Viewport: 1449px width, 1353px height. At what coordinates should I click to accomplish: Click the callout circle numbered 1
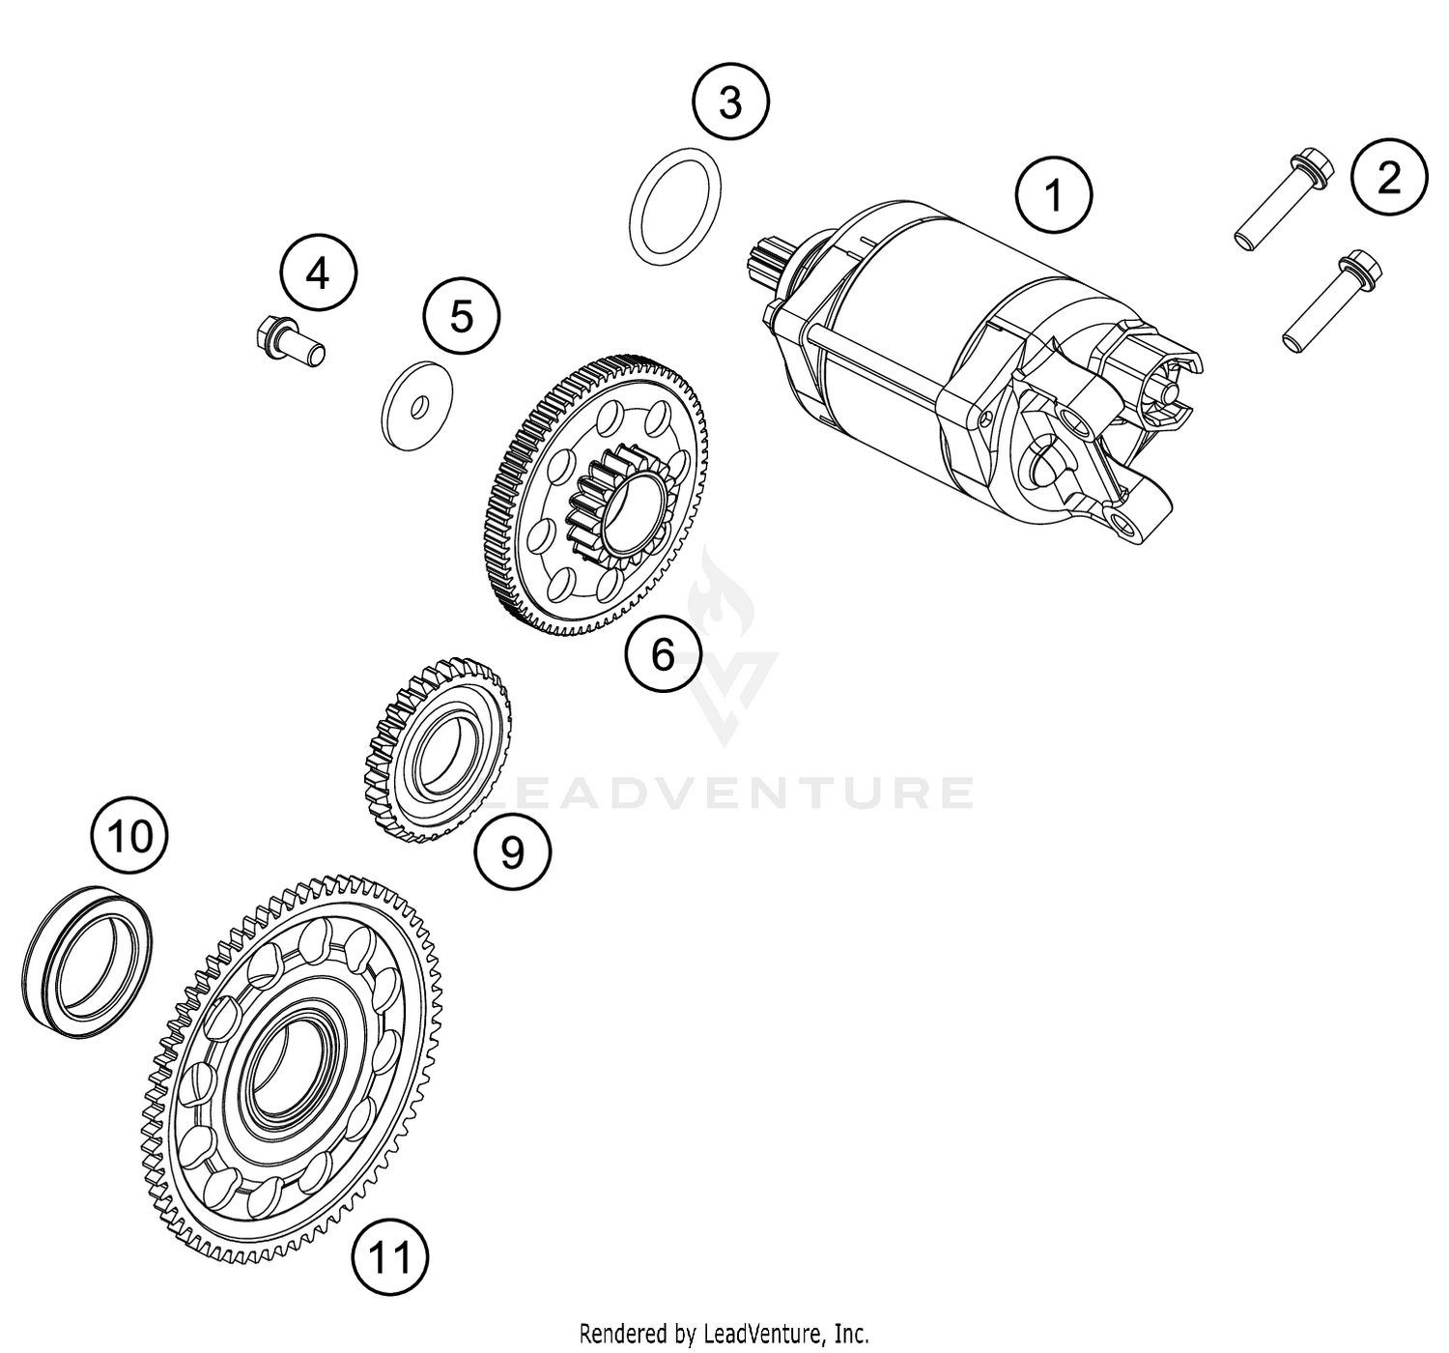point(1054,195)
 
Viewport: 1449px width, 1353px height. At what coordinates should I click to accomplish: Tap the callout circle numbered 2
point(1388,177)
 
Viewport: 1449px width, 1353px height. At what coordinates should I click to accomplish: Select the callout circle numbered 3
point(730,101)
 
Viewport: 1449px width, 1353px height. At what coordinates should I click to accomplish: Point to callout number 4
point(318,275)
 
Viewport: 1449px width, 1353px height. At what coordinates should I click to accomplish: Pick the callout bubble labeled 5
point(462,316)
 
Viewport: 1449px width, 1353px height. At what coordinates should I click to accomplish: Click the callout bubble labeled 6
point(663,654)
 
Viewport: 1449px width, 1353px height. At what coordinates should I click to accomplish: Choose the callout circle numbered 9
point(512,851)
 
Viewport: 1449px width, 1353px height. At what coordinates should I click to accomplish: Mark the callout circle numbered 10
point(129,836)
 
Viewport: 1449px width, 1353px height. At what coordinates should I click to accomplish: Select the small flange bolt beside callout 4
point(288,343)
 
